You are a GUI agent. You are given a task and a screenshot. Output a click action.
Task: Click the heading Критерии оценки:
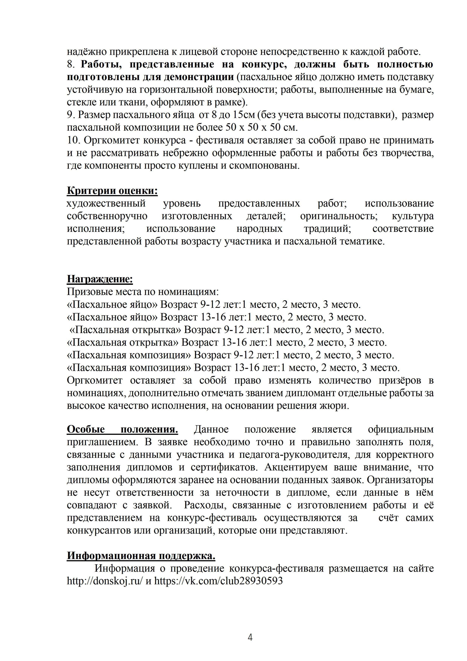112,191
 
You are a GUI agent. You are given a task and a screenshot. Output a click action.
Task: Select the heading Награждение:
100,279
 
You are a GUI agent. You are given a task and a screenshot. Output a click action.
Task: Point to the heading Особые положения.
122,429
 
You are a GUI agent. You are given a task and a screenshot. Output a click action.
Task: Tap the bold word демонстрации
199,77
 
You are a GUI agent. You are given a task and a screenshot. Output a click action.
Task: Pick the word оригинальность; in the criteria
339,216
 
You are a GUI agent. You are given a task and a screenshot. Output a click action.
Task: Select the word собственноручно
107,216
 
